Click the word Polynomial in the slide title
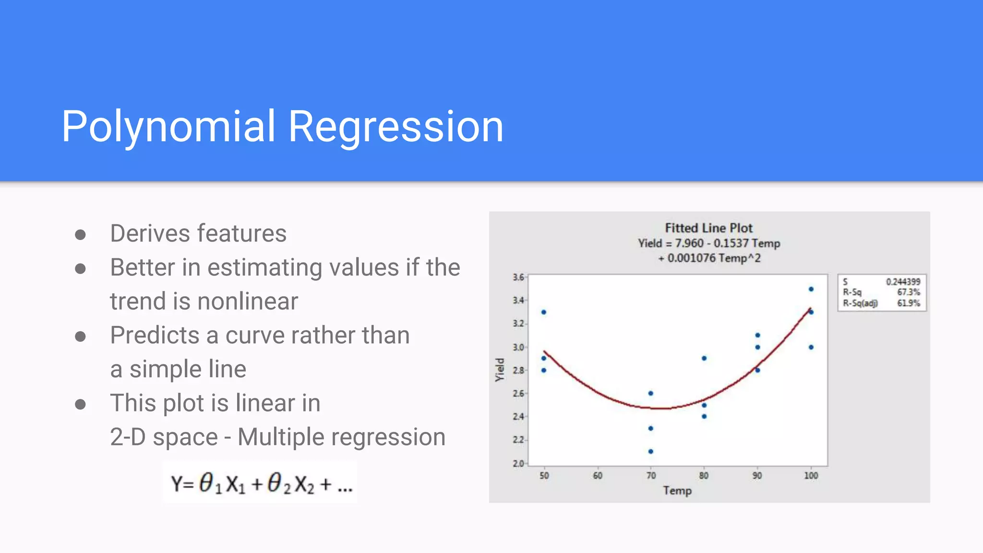(x=168, y=127)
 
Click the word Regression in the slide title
(x=396, y=127)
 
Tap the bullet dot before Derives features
(x=80, y=235)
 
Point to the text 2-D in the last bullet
(x=128, y=437)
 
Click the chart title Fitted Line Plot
(x=708, y=228)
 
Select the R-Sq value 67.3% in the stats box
(x=909, y=292)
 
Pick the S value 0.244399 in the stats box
(x=903, y=282)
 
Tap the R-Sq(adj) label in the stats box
(x=860, y=303)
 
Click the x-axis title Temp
(x=677, y=491)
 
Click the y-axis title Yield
(x=500, y=370)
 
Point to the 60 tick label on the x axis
(x=597, y=476)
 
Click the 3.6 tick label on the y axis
(x=518, y=277)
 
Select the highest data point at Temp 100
(x=811, y=289)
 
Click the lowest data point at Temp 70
(x=651, y=451)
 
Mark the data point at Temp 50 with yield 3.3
(x=544, y=312)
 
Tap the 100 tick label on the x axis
(x=811, y=476)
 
